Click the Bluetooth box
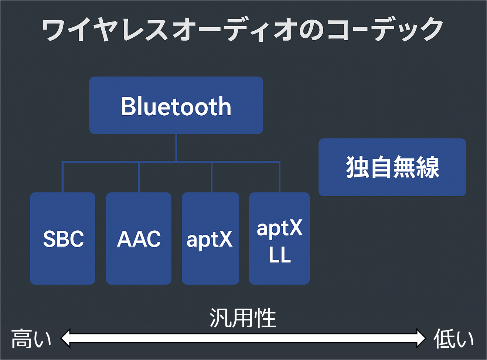point(176,105)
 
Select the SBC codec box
point(62,238)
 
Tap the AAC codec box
point(139,238)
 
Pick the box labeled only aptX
point(210,238)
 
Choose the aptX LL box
point(279,238)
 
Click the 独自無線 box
point(392,167)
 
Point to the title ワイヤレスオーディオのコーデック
point(242,30)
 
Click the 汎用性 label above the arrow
point(243,317)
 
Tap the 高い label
point(31,339)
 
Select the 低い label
point(453,339)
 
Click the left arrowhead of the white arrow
point(66,338)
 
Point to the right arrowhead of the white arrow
point(421,338)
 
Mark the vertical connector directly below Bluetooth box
point(176,148)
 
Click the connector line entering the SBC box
point(62,177)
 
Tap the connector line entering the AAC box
point(139,177)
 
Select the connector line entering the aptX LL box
point(279,177)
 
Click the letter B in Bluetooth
point(128,106)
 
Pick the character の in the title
point(311,30)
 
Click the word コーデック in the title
point(385,30)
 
